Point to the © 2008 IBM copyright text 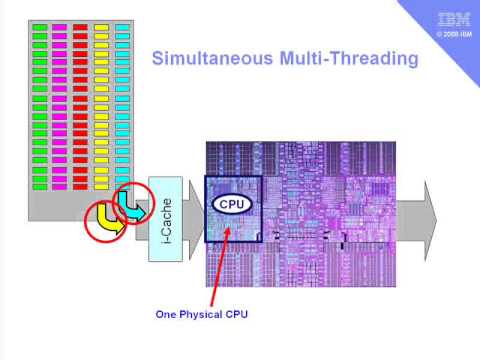[x=451, y=34]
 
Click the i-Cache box [x=165, y=218]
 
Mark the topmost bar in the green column [x=40, y=26]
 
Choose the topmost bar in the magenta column [x=60, y=26]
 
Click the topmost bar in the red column [x=81, y=26]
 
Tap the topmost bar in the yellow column [x=101, y=26]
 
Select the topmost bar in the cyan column [x=122, y=26]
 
